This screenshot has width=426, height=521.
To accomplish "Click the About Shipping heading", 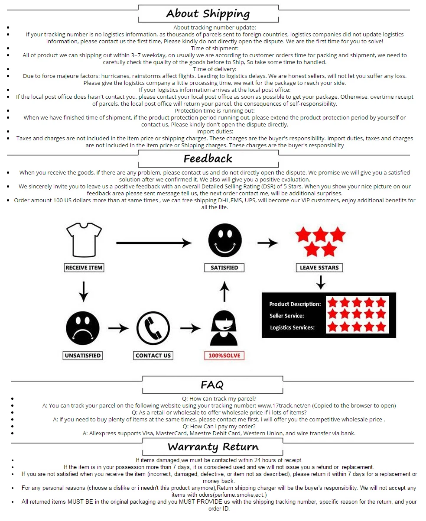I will (x=208, y=13).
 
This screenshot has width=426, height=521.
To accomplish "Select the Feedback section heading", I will (x=208, y=159).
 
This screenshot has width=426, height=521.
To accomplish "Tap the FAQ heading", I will (x=212, y=385).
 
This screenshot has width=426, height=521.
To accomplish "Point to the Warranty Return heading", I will (x=213, y=447).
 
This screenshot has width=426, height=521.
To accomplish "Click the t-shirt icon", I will (x=84, y=239).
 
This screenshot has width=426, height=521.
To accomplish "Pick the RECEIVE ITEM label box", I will (x=84, y=268).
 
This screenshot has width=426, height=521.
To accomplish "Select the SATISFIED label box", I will (x=224, y=268).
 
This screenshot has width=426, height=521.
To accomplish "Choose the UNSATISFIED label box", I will (x=83, y=356).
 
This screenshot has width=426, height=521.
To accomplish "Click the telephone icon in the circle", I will (x=153, y=328).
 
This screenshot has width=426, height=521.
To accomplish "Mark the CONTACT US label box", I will (x=153, y=356).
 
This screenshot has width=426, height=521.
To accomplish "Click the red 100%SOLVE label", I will (x=224, y=356).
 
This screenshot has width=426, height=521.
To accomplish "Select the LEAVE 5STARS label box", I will (x=319, y=268).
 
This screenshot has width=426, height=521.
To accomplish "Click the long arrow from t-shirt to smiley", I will (x=154, y=243).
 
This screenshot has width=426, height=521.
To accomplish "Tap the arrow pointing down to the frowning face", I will (x=84, y=291).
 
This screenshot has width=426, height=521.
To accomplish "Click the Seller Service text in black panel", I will (x=287, y=316).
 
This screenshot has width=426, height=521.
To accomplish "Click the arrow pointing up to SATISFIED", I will (x=224, y=291).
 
